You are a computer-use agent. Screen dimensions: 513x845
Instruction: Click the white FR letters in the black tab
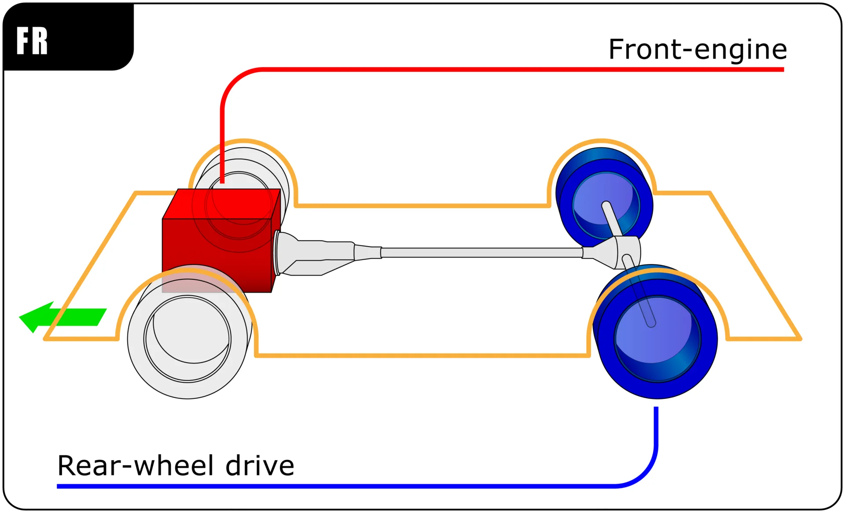click(32, 40)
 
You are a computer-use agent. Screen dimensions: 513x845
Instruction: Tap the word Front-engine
click(697, 49)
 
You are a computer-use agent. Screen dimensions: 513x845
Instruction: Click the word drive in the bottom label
click(260, 465)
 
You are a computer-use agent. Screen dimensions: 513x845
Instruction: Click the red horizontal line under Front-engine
click(528, 70)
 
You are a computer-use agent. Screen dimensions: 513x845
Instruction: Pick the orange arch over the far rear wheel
click(602, 141)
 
